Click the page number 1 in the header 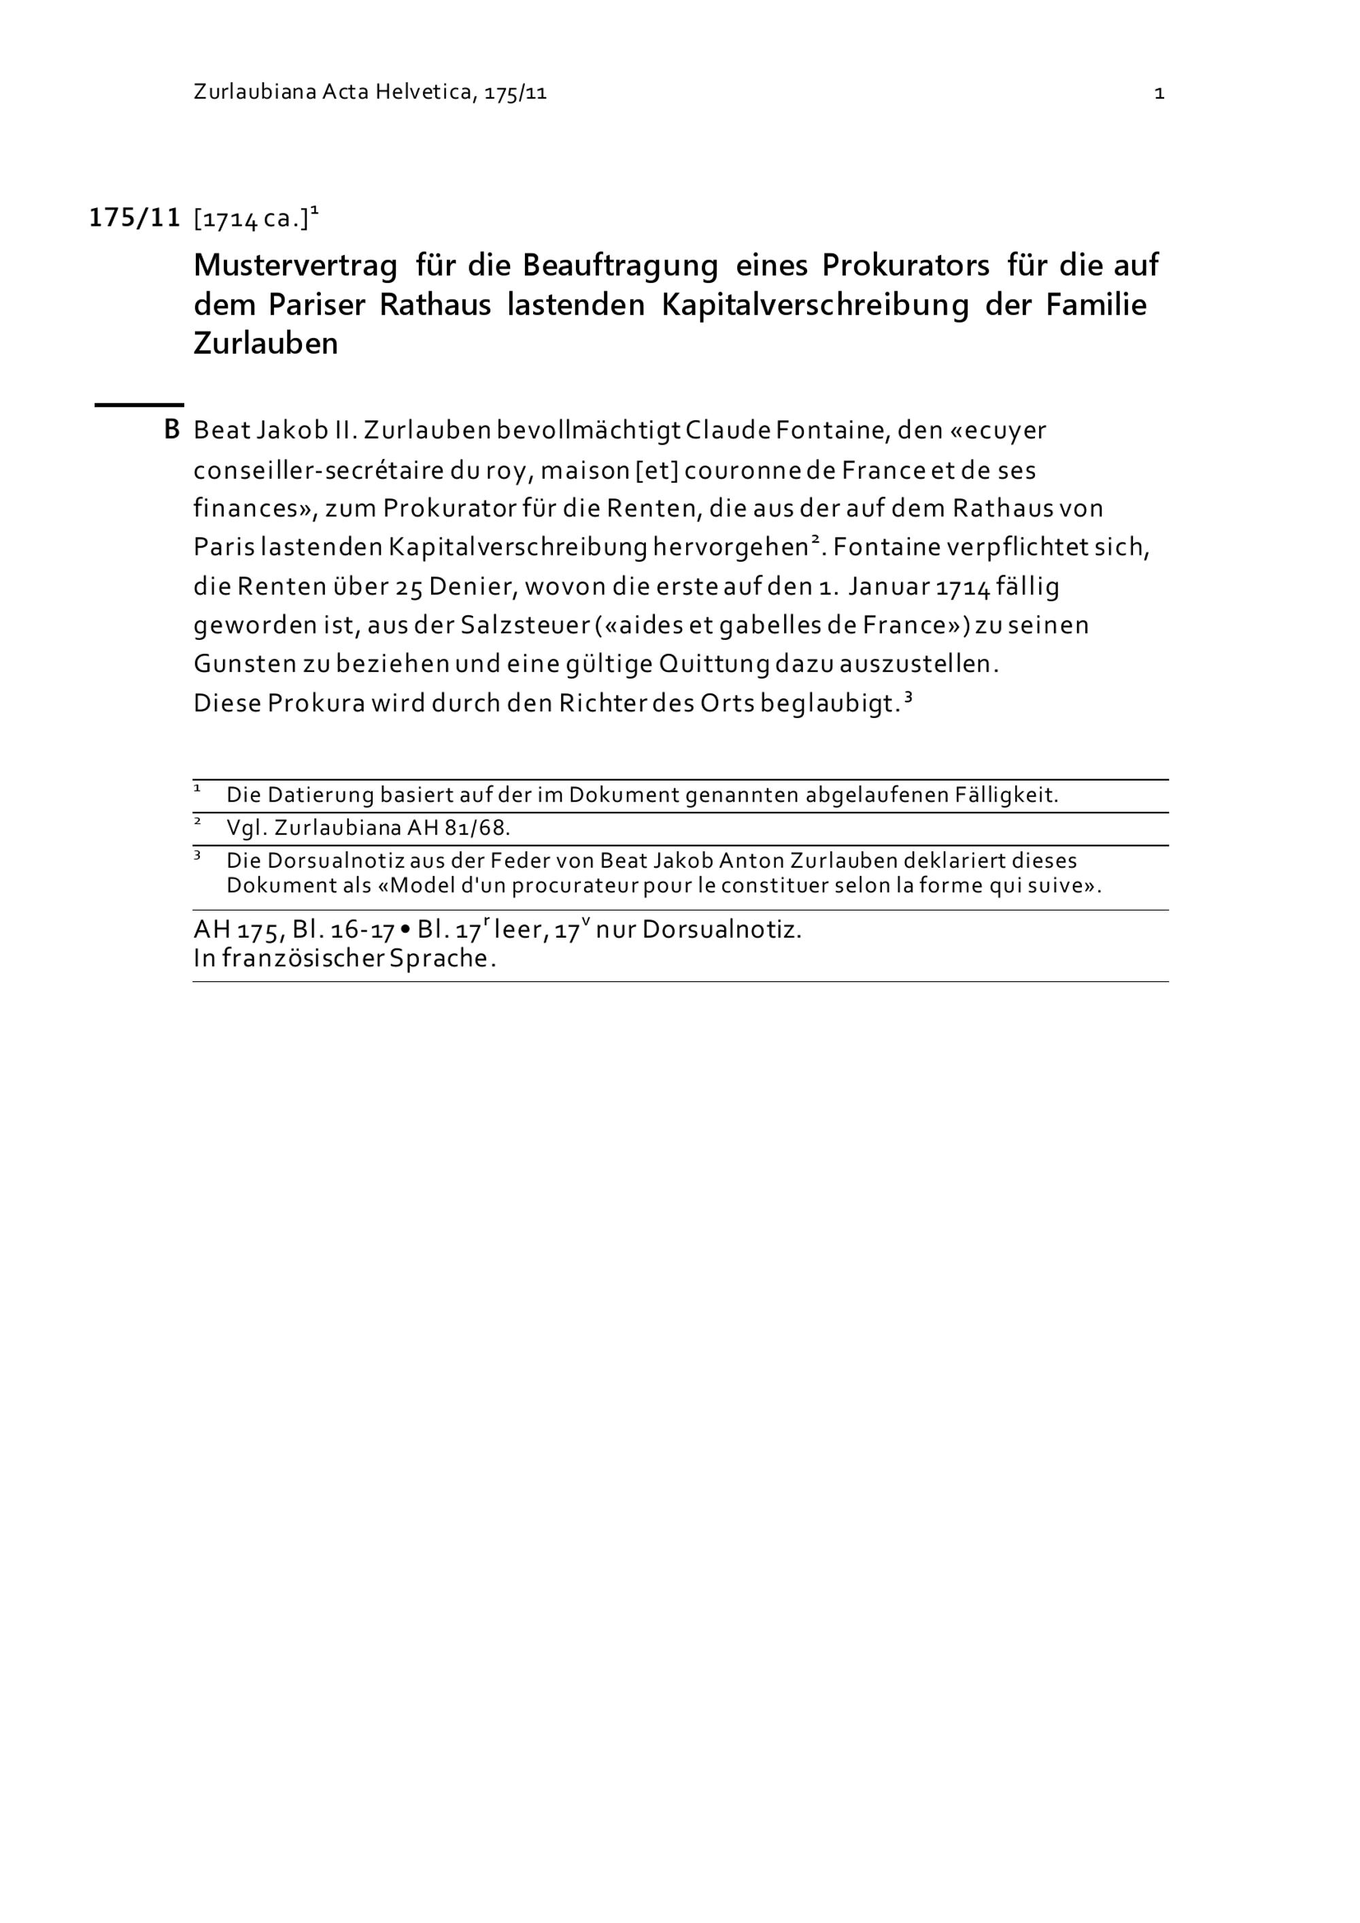click(x=1159, y=94)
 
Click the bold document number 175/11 click(x=135, y=218)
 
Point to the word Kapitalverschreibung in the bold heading click(x=815, y=305)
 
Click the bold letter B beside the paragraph click(x=171, y=430)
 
